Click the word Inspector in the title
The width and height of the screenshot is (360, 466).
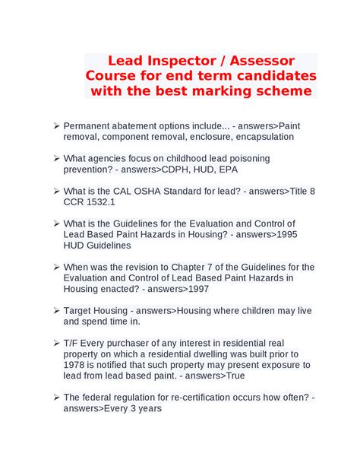(x=175, y=60)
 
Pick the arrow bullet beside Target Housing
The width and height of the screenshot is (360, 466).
(x=56, y=311)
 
